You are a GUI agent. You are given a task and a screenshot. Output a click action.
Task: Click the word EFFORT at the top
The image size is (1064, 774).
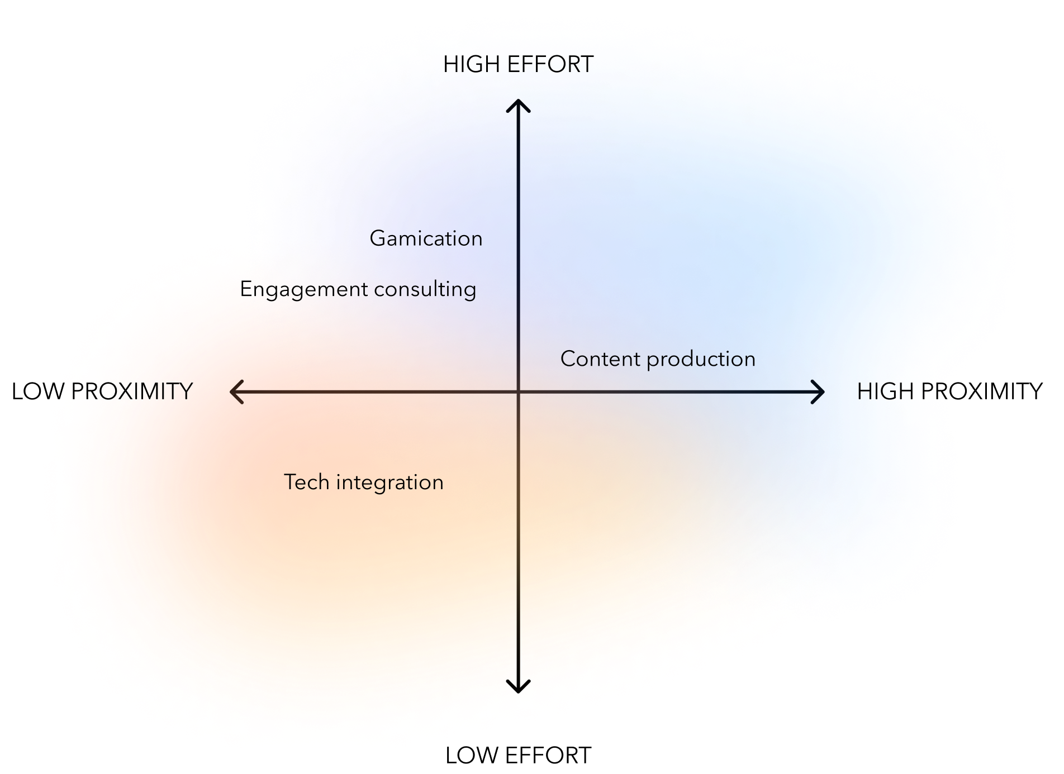550,65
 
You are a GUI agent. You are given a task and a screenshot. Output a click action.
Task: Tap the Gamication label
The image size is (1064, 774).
426,239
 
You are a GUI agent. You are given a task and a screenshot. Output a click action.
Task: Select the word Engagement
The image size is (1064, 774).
304,290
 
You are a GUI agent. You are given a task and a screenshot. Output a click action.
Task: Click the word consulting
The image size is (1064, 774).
425,290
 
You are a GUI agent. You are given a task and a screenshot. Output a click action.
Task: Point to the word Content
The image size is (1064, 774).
600,359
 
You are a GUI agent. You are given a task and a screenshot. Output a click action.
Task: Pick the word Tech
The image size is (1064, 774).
306,482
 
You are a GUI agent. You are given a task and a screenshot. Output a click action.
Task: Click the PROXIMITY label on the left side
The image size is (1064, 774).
132,391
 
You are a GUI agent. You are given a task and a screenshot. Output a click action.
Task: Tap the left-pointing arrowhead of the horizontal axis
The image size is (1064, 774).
235,391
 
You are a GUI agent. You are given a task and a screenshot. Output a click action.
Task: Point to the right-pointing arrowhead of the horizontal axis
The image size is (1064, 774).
820,391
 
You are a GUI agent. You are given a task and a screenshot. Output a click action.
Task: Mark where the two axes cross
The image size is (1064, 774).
518,391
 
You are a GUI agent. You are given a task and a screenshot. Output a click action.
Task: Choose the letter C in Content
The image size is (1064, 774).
569,359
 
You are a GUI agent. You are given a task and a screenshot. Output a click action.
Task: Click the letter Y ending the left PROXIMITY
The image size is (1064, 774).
186,391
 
